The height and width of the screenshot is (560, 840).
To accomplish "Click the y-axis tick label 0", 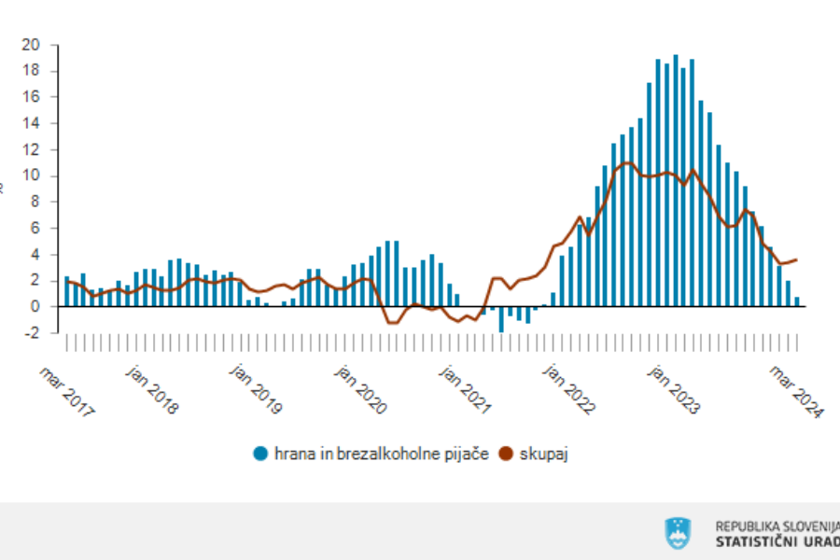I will click(x=35, y=307).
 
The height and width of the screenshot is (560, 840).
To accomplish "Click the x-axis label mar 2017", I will click(x=66, y=391).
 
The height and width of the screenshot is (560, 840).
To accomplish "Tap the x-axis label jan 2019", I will click(x=258, y=391).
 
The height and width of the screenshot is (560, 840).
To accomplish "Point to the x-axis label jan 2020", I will click(x=361, y=391).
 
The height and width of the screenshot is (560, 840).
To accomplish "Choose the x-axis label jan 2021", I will click(x=465, y=391).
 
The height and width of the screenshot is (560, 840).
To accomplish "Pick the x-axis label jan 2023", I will click(x=674, y=391).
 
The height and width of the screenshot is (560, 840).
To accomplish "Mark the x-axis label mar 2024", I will click(x=796, y=391).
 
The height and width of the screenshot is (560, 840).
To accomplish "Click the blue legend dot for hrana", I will click(x=261, y=455).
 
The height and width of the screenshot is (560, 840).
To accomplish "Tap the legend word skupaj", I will click(x=545, y=455).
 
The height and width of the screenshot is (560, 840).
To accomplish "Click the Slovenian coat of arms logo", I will click(x=678, y=533).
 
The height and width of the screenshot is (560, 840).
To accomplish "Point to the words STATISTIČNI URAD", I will click(x=777, y=541).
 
